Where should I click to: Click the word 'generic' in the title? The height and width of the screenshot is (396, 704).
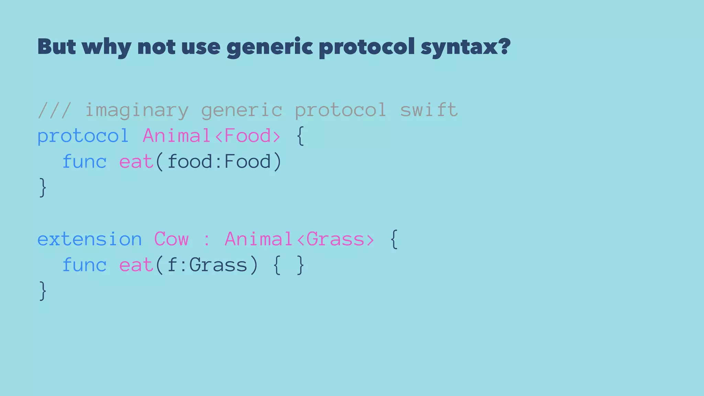coord(269,47)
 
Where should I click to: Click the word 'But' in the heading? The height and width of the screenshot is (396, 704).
coord(56,46)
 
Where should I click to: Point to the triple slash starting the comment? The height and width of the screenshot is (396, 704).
coord(54,110)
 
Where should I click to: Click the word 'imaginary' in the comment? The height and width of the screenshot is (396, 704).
coord(136,110)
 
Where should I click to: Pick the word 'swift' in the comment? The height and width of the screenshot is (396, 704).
coord(429,110)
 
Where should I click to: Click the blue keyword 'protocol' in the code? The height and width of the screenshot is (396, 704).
coord(83,136)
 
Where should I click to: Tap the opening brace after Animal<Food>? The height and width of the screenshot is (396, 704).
coord(300,136)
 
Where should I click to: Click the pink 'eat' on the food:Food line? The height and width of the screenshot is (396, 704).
coord(136,162)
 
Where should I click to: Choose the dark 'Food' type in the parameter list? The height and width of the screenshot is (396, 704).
coord(247,162)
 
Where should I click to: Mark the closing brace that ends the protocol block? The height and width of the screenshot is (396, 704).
coord(43,188)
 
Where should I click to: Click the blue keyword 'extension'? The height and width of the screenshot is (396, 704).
coord(89,239)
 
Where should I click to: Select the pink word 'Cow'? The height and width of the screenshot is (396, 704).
coord(171,239)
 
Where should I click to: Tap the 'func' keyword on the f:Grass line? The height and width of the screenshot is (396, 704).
coord(84,265)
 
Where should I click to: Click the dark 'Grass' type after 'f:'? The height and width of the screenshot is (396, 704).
coord(218,265)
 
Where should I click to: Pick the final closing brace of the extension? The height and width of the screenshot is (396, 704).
coord(43,291)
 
